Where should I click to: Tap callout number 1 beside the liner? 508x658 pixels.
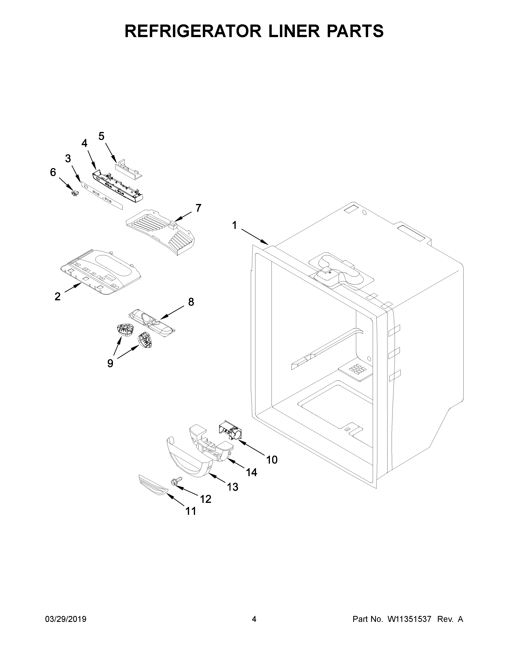[x=234, y=225]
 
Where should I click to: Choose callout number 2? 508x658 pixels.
[x=58, y=296]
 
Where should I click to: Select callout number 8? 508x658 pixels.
[x=191, y=301]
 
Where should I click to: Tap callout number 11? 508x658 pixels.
[x=191, y=511]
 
